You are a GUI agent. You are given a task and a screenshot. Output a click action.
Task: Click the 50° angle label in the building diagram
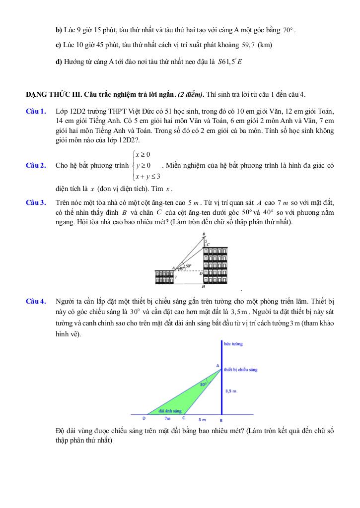[189, 265]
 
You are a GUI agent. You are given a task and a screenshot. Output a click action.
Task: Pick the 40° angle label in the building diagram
[181, 268]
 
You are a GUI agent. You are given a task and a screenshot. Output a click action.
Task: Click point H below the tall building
[203, 287]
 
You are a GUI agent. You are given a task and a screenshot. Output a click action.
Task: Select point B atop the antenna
[204, 234]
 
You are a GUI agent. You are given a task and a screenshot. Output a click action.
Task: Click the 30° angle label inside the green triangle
[204, 384]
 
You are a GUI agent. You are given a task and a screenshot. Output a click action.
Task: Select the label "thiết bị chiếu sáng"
[240, 370]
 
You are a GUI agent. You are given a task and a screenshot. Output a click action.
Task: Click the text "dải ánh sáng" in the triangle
[170, 411]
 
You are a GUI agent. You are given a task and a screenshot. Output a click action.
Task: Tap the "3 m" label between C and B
[202, 419]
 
